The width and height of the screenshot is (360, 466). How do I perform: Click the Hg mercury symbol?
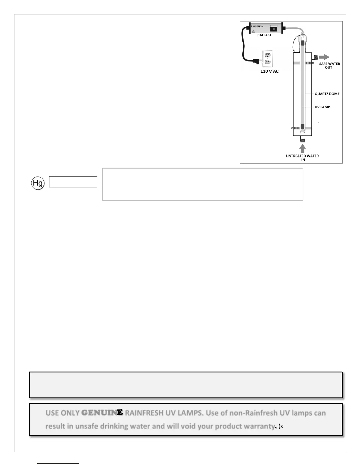click(x=38, y=183)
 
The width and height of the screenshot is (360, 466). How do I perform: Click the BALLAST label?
click(x=264, y=35)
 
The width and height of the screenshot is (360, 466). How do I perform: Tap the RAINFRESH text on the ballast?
click(x=257, y=26)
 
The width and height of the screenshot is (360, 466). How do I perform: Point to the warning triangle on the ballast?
click(x=253, y=31)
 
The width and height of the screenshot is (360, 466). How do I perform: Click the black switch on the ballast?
click(x=274, y=29)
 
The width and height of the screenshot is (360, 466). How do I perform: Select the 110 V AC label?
click(x=269, y=71)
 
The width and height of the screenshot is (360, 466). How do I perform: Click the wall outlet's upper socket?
click(x=268, y=55)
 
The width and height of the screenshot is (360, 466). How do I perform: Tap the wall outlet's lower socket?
click(x=268, y=62)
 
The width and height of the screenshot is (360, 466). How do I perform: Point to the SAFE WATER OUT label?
click(x=329, y=66)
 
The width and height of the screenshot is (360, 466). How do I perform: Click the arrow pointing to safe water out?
click(x=324, y=57)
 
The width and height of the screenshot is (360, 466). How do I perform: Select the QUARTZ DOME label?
click(x=327, y=94)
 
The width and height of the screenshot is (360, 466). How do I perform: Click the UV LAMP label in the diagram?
click(x=322, y=107)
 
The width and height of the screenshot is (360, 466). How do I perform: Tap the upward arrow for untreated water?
click(x=303, y=148)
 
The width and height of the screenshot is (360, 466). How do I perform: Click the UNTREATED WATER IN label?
click(x=302, y=158)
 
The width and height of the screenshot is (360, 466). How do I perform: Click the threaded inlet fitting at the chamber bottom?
click(x=303, y=139)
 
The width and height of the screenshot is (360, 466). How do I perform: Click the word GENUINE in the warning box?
click(x=102, y=413)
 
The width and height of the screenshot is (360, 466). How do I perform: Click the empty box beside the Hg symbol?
click(x=73, y=182)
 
